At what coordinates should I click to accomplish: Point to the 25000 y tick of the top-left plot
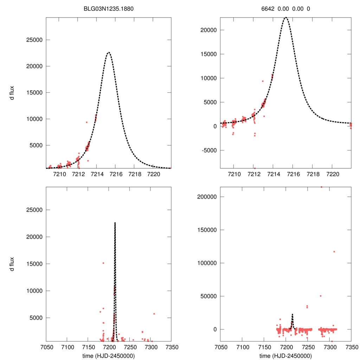pyautogui.click(x=34, y=40)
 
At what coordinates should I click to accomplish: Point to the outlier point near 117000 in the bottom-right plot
pyautogui.click(x=334, y=251)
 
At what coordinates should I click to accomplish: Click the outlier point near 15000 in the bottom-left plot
pyautogui.click(x=103, y=263)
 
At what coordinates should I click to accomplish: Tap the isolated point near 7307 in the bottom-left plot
pyautogui.click(x=154, y=314)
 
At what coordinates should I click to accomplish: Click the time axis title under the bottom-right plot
pyautogui.click(x=285, y=355)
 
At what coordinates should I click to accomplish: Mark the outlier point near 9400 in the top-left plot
pyautogui.click(x=86, y=122)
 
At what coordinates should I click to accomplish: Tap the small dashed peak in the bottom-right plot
pyautogui.click(x=292, y=314)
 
